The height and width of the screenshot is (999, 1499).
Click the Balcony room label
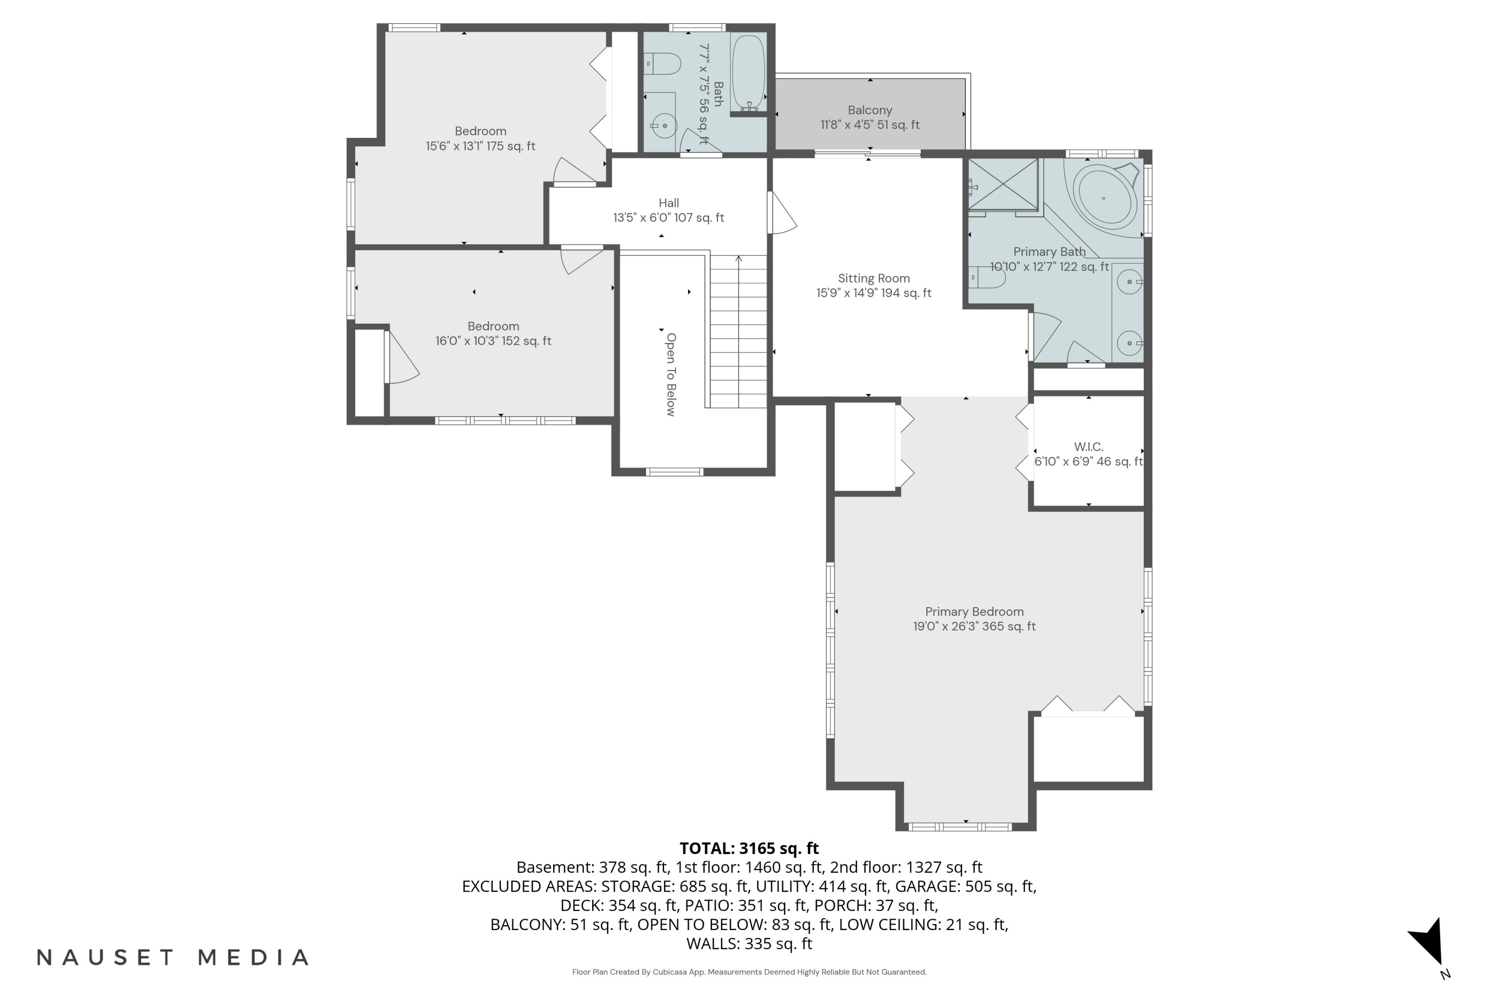click(x=869, y=110)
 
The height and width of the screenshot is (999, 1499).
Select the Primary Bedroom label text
click(x=974, y=611)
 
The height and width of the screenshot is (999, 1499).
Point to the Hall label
click(x=669, y=203)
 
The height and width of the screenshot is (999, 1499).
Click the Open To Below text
click(x=671, y=375)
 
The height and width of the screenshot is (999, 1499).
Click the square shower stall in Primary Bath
click(x=1003, y=185)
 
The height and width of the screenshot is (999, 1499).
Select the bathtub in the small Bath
click(x=748, y=72)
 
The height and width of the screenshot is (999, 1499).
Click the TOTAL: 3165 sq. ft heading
click(x=749, y=849)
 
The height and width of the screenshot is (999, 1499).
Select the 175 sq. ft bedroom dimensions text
click(x=481, y=146)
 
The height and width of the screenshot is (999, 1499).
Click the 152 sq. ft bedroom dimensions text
click(x=493, y=341)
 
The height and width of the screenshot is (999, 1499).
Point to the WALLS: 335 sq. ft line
click(x=749, y=944)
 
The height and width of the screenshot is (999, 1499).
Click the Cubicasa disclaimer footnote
click(x=749, y=972)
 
